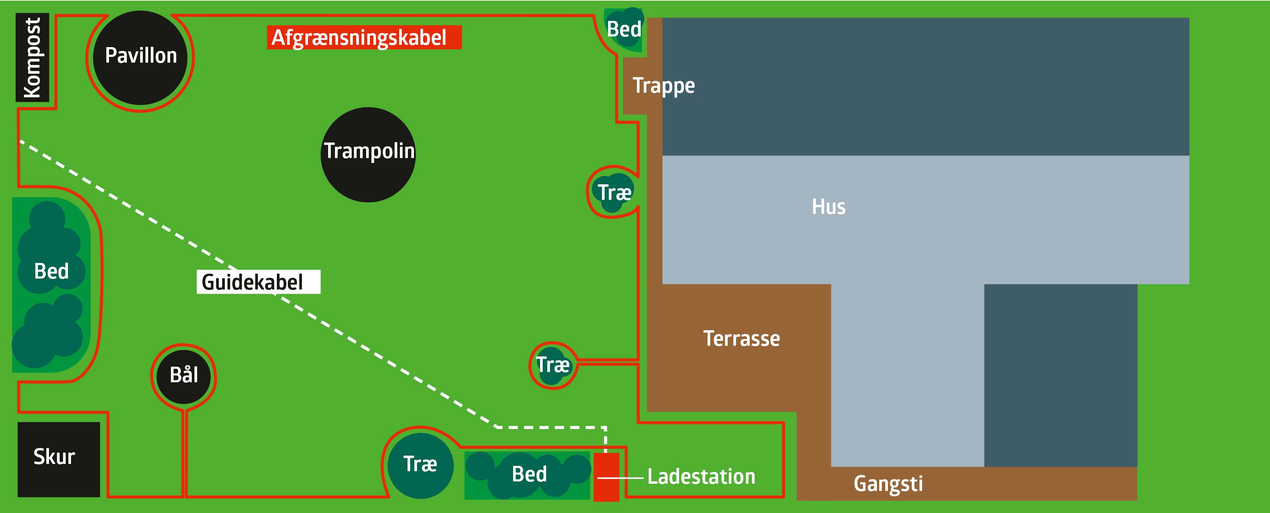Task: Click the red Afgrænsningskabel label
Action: (x=364, y=38)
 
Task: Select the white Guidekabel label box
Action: (x=258, y=282)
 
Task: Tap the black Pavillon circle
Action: (x=141, y=57)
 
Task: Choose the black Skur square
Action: (x=58, y=459)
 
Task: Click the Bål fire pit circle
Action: (x=184, y=376)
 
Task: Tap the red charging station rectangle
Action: (x=606, y=477)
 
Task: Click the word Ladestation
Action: (x=701, y=477)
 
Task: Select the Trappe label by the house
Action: (x=663, y=86)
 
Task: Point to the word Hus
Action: (x=828, y=207)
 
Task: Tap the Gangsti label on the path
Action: (x=888, y=484)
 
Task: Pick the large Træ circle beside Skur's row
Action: (x=420, y=465)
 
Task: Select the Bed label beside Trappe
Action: (x=624, y=30)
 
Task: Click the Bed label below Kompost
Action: (x=51, y=271)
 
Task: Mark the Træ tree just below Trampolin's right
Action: (x=613, y=192)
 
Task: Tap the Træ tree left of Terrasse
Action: (x=553, y=366)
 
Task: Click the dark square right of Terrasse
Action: (x=1060, y=375)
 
